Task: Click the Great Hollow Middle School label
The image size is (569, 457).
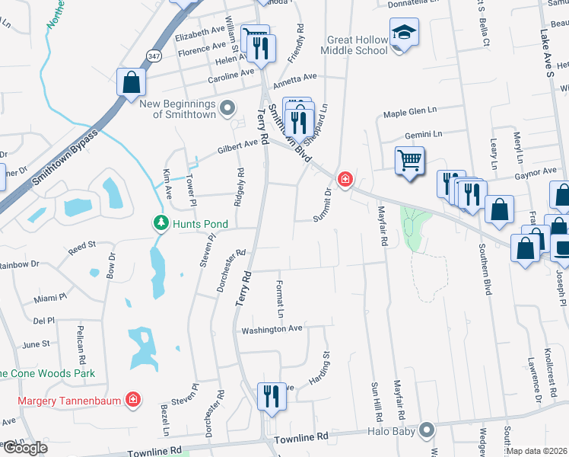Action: pos(356,45)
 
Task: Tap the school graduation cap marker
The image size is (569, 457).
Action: pos(404,33)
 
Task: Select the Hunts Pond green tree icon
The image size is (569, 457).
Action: pos(161,223)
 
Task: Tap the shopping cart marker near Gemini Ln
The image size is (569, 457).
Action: pos(409,161)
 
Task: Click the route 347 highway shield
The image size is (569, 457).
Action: pos(154,56)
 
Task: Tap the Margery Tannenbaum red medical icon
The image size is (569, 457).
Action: pos(133,399)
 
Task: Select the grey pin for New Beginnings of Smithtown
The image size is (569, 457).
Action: pos(227,109)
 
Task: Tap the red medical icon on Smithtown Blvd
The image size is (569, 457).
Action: pos(345,180)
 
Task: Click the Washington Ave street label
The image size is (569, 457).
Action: pos(272,330)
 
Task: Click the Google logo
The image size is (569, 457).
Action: pos(24,447)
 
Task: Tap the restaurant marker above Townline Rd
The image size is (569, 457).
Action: pos(270,395)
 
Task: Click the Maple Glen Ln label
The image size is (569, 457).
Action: pos(411,114)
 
